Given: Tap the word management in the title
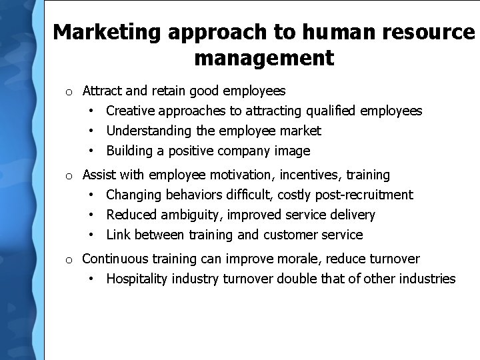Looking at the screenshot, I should (x=264, y=58).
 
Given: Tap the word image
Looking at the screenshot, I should (x=292, y=151).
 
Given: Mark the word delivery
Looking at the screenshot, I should (x=353, y=215).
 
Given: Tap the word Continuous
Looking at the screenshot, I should (x=115, y=259).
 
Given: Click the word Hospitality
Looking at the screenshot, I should (x=137, y=279).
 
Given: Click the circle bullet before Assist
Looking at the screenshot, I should (x=69, y=176).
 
